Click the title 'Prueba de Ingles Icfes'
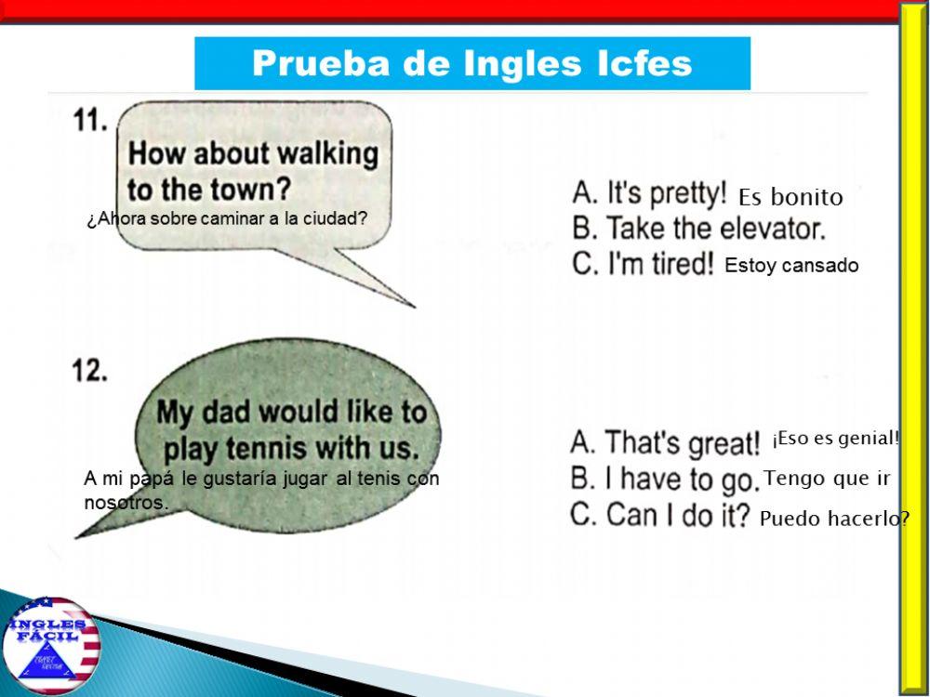[x=472, y=63]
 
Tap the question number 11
[x=90, y=121]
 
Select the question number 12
[x=90, y=371]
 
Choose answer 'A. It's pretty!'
[x=649, y=194]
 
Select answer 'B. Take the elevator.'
[x=698, y=229]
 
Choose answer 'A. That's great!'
[x=666, y=443]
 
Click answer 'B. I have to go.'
[x=665, y=480]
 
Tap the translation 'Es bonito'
[x=790, y=197]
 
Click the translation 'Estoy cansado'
[x=791, y=266]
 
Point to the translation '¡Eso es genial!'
[x=835, y=439]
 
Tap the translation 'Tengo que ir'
[x=828, y=479]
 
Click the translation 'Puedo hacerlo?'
[x=834, y=519]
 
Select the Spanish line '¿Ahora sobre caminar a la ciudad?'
[x=227, y=220]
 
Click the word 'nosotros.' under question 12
[x=126, y=503]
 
